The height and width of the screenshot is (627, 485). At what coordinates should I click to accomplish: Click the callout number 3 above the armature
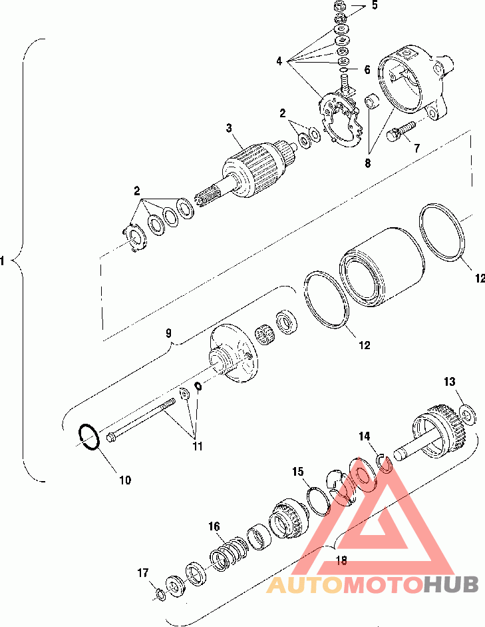pyautogui.click(x=229, y=128)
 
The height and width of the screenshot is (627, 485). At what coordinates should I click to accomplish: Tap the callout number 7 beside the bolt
pyautogui.click(x=417, y=148)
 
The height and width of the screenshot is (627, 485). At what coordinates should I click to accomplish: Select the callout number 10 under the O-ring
pyautogui.click(x=125, y=480)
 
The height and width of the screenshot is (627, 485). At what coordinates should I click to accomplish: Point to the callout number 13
pyautogui.click(x=450, y=382)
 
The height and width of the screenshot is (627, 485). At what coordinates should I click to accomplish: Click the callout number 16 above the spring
pyautogui.click(x=214, y=526)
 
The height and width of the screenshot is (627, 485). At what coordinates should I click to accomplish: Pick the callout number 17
pyautogui.click(x=143, y=573)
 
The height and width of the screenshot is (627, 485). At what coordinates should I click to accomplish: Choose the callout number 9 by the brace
pyautogui.click(x=168, y=332)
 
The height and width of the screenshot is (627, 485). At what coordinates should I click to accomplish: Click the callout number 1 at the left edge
pyautogui.click(x=3, y=261)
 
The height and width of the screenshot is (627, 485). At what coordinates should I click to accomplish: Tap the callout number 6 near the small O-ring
pyautogui.click(x=367, y=70)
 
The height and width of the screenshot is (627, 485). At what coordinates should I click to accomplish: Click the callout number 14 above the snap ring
pyautogui.click(x=365, y=436)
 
